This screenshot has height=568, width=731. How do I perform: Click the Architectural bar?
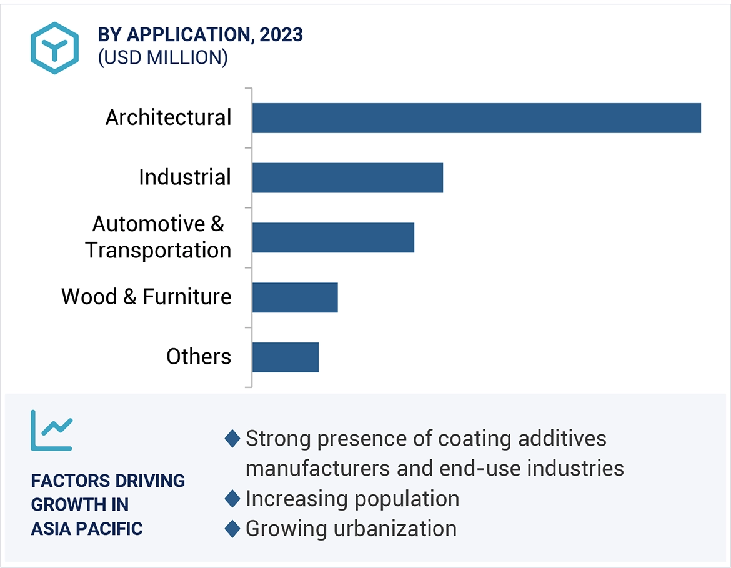click(x=476, y=118)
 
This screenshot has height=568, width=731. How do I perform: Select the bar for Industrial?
click(x=347, y=177)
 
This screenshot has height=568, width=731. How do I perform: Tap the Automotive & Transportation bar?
click(x=333, y=237)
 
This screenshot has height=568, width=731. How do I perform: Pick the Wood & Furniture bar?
click(x=295, y=297)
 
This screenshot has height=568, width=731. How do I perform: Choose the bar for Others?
click(x=286, y=357)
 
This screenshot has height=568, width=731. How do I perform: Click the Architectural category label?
click(x=168, y=117)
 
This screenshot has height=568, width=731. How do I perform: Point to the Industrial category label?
click(x=185, y=177)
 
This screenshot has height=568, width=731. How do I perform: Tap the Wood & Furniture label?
click(x=146, y=297)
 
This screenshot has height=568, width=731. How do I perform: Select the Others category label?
click(x=199, y=357)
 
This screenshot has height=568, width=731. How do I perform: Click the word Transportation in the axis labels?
click(x=159, y=251)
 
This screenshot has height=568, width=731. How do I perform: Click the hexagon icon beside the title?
click(x=55, y=48)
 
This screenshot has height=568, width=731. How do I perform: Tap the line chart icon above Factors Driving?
click(x=52, y=431)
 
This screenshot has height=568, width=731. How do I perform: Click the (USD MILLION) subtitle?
click(x=162, y=57)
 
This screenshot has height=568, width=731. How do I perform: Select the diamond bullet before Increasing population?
click(x=232, y=499)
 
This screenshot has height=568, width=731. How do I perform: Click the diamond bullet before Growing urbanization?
click(x=232, y=529)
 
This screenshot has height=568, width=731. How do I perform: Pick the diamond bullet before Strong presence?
click(x=232, y=439)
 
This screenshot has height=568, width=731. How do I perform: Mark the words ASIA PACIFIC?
click(x=87, y=529)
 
